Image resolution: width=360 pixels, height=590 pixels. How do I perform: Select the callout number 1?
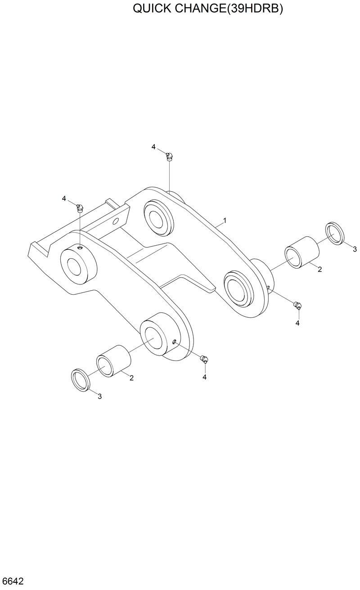click(x=225, y=221)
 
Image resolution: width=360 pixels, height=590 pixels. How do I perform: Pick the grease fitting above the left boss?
click(x=80, y=207)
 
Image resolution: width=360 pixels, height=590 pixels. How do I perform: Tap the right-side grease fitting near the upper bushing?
click(x=298, y=306)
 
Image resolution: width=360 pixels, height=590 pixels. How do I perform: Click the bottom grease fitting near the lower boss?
click(x=205, y=359)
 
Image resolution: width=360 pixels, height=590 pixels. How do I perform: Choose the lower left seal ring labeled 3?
click(x=81, y=379)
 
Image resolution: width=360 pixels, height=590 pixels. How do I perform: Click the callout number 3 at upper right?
click(x=355, y=249)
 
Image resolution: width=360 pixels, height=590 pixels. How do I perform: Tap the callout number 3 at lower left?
click(x=100, y=396)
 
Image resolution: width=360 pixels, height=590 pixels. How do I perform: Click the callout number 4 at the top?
click(x=153, y=147)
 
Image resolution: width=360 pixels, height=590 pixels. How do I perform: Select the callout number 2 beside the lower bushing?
click(x=131, y=378)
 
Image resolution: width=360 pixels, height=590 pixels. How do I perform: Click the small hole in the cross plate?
click(x=116, y=221)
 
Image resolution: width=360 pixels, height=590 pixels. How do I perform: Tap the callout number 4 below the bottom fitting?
click(x=204, y=377)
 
